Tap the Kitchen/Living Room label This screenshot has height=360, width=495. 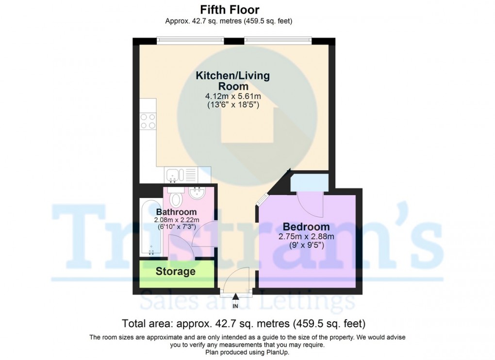(x=232, y=81)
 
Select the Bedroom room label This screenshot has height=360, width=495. (x=306, y=227)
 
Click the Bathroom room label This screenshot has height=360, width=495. (x=176, y=212)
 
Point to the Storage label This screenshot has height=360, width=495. (x=175, y=272)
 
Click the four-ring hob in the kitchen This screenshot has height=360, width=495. (x=148, y=121)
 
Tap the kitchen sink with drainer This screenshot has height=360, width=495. (x=181, y=174)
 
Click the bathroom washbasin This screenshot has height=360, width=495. (x=198, y=194)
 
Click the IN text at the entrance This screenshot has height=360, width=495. (x=235, y=306)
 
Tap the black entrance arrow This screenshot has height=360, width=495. (x=235, y=296)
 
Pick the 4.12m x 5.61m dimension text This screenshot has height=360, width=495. (x=233, y=96)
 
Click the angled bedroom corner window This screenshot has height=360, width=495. (x=262, y=199)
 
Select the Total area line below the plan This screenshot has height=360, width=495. (x=244, y=323)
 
